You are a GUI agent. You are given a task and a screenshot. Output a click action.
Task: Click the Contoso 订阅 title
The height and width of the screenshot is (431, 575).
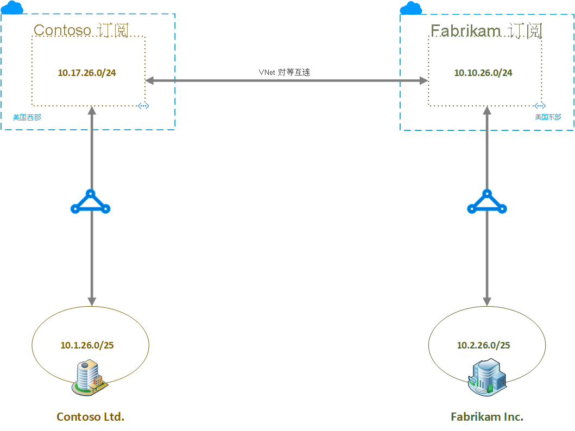pyautogui.click(x=81, y=30)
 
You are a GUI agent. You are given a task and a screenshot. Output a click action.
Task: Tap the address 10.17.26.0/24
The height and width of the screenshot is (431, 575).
pyautogui.click(x=87, y=73)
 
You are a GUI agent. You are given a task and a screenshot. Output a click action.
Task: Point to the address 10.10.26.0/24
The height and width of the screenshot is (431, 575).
pyautogui.click(x=483, y=73)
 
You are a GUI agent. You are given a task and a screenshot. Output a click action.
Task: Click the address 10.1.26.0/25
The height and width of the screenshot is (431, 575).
pyautogui.click(x=87, y=345)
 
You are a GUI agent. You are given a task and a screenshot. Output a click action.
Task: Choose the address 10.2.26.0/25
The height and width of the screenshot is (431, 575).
pyautogui.click(x=483, y=345)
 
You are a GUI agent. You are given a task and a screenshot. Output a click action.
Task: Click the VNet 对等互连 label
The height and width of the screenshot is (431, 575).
pyautogui.click(x=284, y=72)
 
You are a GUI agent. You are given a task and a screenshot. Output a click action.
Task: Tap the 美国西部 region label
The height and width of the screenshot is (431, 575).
pyautogui.click(x=27, y=117)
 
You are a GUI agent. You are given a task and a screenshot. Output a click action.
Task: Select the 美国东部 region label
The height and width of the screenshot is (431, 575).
pyautogui.click(x=548, y=117)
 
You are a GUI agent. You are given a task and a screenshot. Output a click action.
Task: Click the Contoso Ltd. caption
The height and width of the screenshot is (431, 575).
pyautogui.click(x=90, y=417)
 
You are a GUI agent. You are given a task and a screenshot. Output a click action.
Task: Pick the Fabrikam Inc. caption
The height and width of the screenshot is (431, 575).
pyautogui.click(x=487, y=417)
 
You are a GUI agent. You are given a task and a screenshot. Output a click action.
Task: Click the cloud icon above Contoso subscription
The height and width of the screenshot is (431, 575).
pyautogui.click(x=12, y=8)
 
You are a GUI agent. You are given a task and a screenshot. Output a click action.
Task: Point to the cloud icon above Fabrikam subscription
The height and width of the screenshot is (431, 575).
pyautogui.click(x=411, y=8)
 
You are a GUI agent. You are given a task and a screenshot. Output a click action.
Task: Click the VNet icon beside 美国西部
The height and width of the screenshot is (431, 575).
pyautogui.click(x=143, y=106)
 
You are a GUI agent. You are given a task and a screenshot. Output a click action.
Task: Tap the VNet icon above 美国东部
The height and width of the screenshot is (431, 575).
pyautogui.click(x=539, y=106)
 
